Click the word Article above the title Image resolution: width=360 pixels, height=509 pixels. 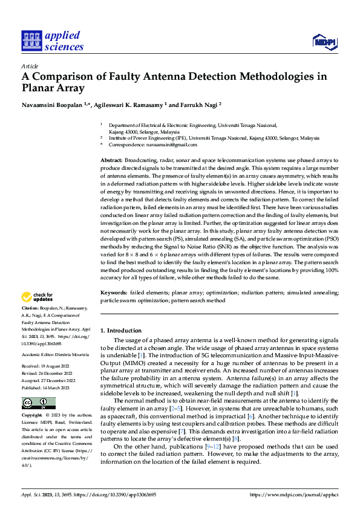30,65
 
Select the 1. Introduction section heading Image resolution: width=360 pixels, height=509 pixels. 120,331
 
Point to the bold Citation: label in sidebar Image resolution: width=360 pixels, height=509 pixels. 31,308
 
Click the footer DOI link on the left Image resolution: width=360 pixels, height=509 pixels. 121,494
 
